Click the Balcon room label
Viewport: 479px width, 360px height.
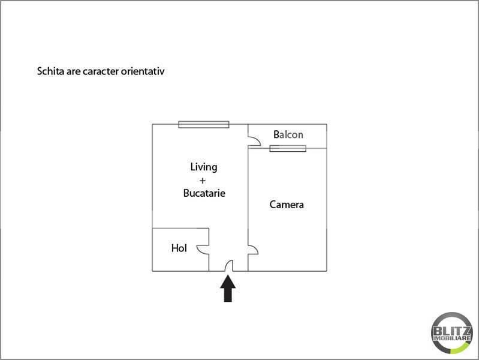pos(288,134)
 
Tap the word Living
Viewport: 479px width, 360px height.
pos(204,167)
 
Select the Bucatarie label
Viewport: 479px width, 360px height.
pos(204,193)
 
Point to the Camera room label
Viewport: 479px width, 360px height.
pos(287,205)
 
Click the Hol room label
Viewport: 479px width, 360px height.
pos(179,248)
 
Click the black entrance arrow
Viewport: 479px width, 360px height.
pos(228,289)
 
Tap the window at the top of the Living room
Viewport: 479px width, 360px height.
pos(204,124)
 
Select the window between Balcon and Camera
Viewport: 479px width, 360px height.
pos(288,149)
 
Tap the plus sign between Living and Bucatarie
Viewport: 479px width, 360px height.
pos(202,181)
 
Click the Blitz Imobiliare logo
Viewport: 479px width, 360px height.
pos(452,333)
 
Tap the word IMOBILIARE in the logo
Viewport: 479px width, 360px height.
pos(452,338)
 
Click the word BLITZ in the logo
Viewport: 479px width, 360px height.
pos(452,331)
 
